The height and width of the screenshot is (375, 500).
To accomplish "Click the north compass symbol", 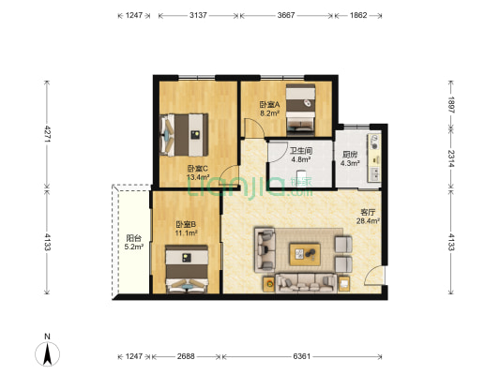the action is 47,353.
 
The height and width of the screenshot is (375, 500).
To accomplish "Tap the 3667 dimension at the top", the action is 286,15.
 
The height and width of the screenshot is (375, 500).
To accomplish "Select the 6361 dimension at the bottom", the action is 301,356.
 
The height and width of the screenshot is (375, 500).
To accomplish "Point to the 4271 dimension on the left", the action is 47,133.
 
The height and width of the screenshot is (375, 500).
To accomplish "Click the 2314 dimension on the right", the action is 451,158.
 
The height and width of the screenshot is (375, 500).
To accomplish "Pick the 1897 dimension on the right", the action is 451,105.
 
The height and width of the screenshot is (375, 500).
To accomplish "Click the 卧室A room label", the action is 270,104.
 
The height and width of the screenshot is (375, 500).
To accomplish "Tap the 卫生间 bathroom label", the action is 301,150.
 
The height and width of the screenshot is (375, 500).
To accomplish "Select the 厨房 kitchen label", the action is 350,156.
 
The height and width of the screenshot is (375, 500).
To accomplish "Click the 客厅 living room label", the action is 368,213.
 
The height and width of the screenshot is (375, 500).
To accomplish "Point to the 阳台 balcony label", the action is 133,238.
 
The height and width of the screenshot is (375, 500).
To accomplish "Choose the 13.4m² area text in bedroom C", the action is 198,177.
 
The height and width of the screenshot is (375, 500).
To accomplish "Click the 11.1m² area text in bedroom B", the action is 187,232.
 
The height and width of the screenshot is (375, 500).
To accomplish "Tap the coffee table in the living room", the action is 305,254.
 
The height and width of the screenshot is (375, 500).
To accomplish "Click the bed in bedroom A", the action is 300,109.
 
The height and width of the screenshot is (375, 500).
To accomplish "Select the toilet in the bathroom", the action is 301,178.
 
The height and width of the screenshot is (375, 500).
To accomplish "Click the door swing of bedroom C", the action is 229,175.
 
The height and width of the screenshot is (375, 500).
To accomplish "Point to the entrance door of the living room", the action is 374,275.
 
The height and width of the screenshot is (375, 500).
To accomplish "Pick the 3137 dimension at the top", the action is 198,15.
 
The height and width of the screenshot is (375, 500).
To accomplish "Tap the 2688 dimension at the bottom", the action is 186,356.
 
